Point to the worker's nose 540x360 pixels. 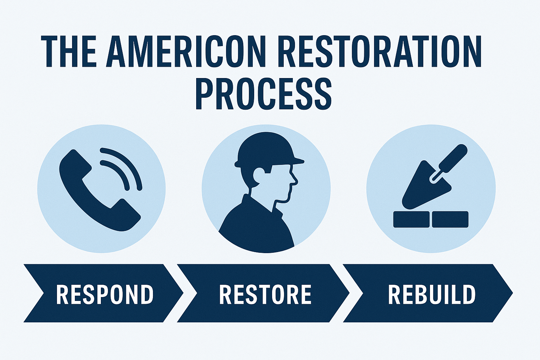(295, 180)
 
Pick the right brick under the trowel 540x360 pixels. (450, 219)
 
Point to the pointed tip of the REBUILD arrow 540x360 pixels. (513, 293)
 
